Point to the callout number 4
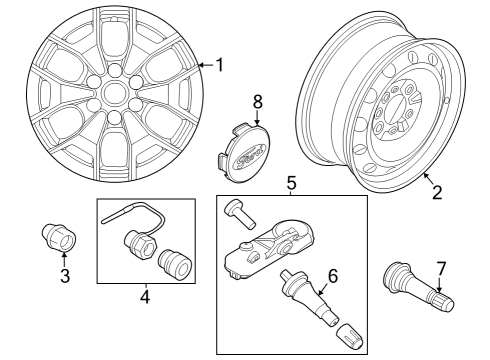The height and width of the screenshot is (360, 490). [144, 297]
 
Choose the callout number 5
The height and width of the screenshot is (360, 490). [292, 183]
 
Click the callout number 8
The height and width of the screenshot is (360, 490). [257, 101]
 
